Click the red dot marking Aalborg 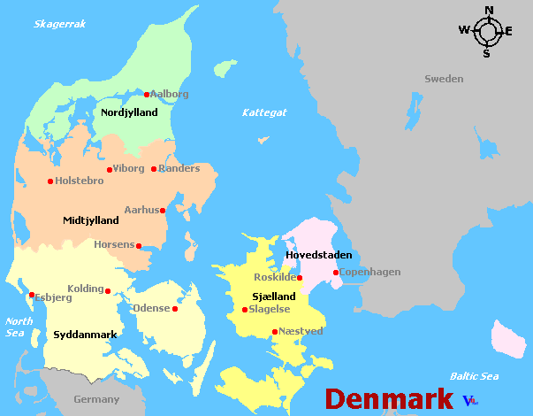tap(147, 95)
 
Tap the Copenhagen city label tap(370, 272)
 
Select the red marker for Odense tap(175, 309)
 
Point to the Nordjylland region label tap(129, 112)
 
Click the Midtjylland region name tap(91, 220)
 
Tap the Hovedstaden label tap(319, 255)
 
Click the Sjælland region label tap(274, 296)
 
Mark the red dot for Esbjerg tap(32, 296)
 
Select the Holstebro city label tap(80, 181)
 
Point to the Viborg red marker tap(110, 170)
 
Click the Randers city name tap(179, 168)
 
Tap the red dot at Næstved tap(275, 332)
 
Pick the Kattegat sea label tap(265, 112)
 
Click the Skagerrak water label tap(59, 24)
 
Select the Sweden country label tap(443, 79)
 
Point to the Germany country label tap(96, 399)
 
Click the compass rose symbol tap(486, 32)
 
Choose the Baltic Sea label tap(474, 376)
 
